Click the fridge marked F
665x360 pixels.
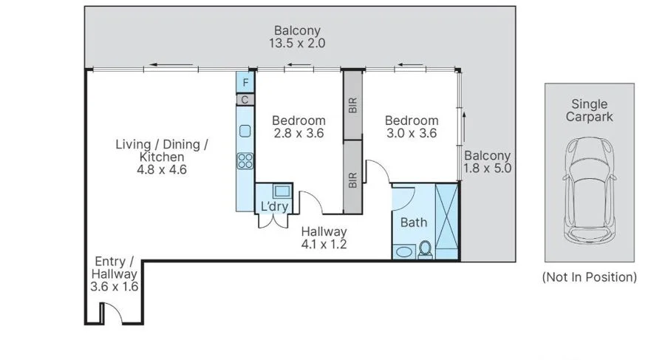point(245,82)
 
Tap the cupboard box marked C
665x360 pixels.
point(245,100)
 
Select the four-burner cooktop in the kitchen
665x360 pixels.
point(245,161)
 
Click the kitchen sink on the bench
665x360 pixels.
point(245,131)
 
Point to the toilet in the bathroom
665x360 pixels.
point(425,250)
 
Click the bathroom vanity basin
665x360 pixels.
point(403,251)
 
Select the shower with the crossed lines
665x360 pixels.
point(447,221)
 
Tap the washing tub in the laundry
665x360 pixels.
point(282,191)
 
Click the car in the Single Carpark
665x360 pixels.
point(590,190)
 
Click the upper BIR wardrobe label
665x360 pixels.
point(353,105)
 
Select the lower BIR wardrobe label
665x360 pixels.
point(353,180)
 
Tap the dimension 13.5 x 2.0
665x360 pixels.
point(297,43)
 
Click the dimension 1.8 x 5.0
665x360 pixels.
point(487,168)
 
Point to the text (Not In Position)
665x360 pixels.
point(590,277)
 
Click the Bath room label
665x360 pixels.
point(414,222)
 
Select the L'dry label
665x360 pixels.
point(274,206)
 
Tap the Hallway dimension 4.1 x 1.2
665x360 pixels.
point(324,244)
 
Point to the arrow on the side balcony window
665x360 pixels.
point(465,126)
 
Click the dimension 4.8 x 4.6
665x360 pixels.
point(162,169)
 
